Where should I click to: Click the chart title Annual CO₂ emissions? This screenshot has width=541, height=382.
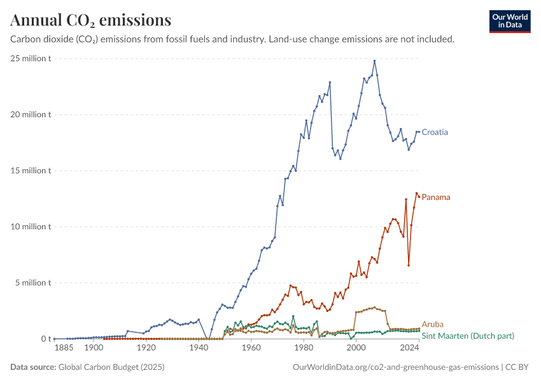tap(91, 20)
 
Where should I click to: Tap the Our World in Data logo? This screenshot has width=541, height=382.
tap(510, 22)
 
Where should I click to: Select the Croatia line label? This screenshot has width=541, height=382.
tap(435, 132)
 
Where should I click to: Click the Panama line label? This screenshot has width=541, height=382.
tap(436, 197)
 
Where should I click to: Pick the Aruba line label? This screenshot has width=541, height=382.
tap(432, 324)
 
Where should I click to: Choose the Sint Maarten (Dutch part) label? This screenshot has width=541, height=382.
tap(468, 336)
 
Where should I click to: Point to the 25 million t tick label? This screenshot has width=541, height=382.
tap(31, 59)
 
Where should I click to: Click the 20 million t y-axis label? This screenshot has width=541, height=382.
tap(31, 114)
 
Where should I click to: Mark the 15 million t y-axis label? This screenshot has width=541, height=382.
tap(31, 171)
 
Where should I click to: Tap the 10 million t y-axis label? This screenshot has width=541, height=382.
tap(31, 227)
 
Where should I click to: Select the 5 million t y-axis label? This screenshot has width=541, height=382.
tap(32, 283)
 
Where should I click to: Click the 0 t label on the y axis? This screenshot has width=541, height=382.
tap(46, 339)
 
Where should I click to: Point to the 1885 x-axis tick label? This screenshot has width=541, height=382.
tap(64, 347)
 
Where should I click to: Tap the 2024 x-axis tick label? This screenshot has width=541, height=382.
tap(409, 347)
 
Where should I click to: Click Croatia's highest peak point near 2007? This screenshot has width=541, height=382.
tap(374, 61)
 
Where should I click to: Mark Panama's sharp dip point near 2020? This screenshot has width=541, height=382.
tap(409, 265)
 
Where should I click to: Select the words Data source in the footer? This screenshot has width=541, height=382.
tap(33, 367)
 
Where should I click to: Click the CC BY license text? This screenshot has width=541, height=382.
tap(517, 367)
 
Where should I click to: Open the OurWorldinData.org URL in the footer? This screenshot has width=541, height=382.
tap(396, 367)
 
